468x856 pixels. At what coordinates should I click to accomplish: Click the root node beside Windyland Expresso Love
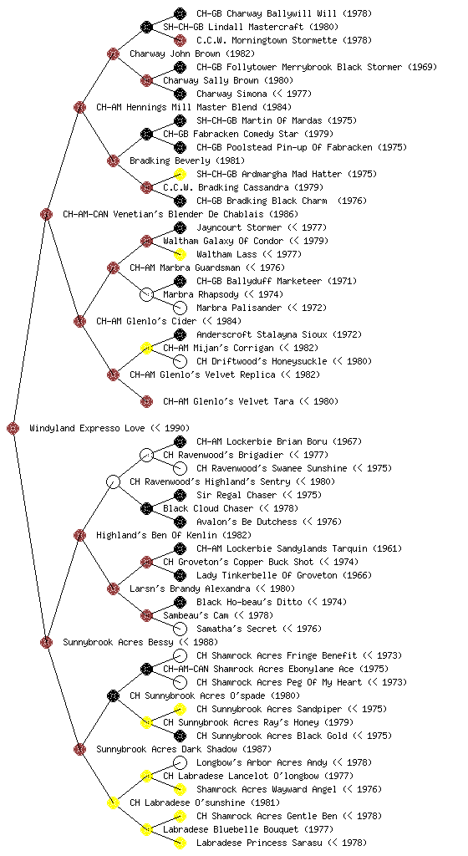point(13,428)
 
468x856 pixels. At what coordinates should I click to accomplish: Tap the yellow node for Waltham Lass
point(180,254)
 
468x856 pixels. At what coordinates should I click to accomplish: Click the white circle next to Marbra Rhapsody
point(146,294)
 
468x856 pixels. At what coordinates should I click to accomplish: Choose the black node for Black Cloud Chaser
point(146,508)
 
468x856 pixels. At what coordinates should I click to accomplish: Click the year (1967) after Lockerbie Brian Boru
point(347,441)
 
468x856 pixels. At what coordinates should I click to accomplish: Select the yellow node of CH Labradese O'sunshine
point(113,802)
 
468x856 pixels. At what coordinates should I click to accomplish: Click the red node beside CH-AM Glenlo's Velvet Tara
point(146,401)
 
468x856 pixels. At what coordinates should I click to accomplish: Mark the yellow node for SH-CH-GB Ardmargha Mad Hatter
point(180,174)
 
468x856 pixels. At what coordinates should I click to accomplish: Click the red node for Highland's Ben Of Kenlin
point(79,535)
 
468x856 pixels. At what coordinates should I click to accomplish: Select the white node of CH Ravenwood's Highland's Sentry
point(113,481)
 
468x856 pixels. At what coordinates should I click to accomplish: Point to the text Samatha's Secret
point(237,629)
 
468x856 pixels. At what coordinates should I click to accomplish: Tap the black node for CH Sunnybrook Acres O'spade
point(113,695)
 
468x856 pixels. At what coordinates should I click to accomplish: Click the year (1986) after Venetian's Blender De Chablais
point(283,214)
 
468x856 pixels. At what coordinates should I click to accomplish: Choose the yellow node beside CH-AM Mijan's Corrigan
point(146,348)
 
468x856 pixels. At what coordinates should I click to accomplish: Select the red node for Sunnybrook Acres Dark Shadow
point(79,749)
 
